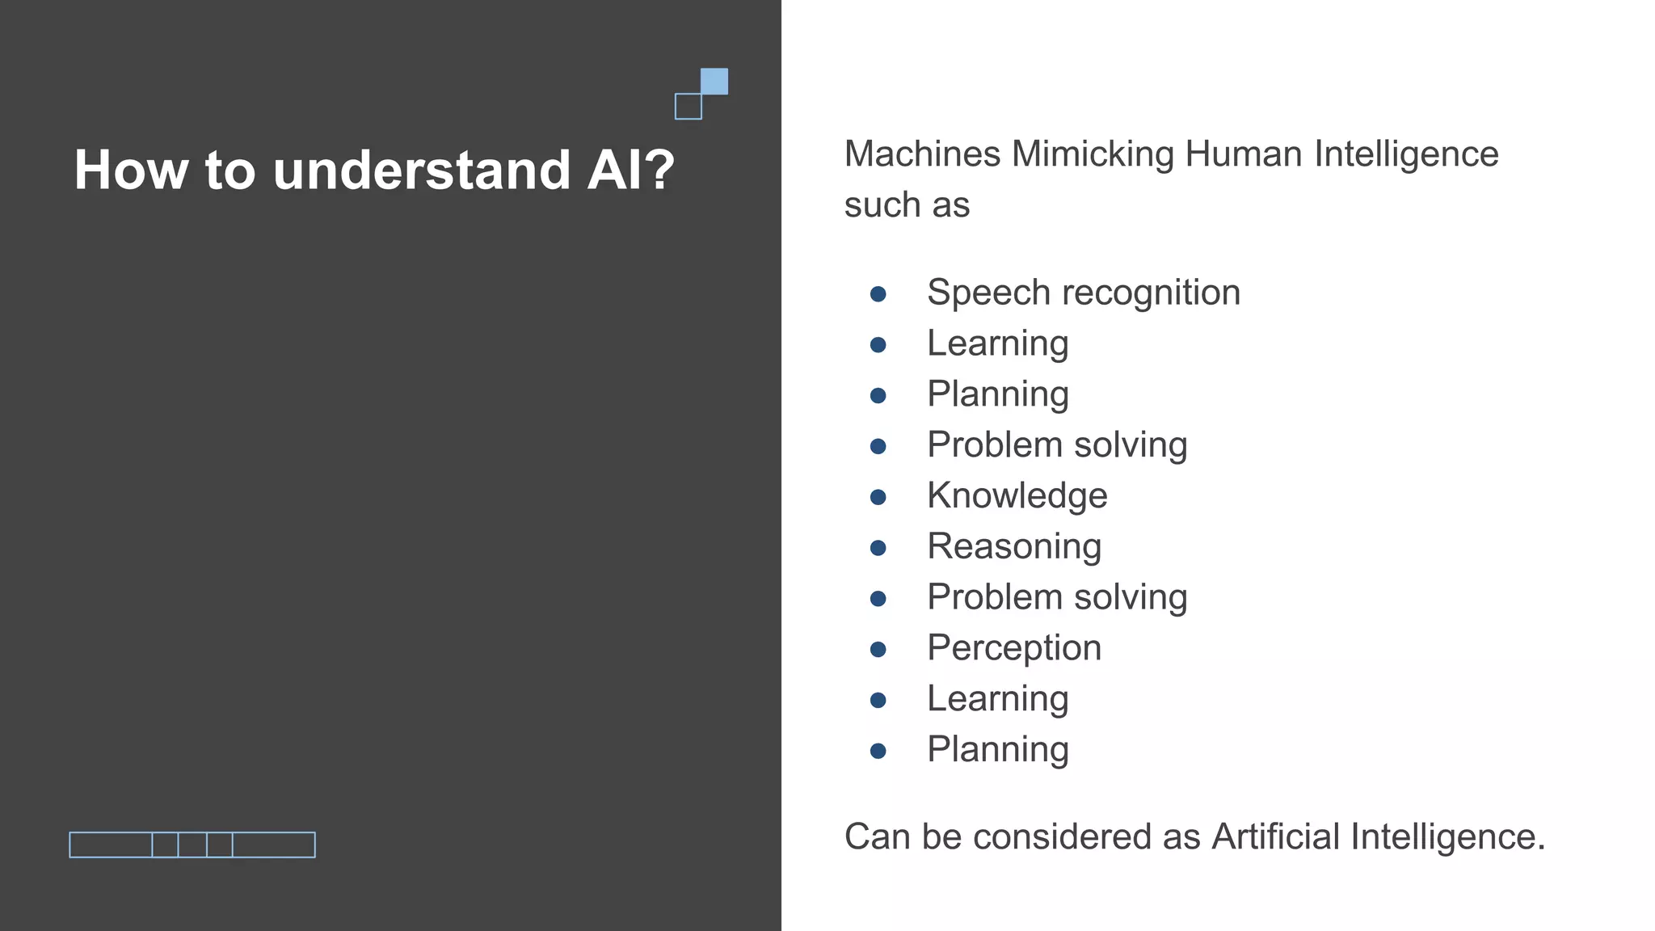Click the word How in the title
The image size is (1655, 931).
(x=130, y=171)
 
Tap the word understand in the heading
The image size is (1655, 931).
(x=422, y=171)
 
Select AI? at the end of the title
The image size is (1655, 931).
(x=630, y=171)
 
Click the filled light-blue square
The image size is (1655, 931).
(x=714, y=82)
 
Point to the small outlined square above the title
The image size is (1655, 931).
(x=689, y=107)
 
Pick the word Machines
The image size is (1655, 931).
(x=922, y=154)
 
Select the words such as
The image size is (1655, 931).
(x=907, y=205)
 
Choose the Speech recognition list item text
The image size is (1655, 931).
(x=1083, y=293)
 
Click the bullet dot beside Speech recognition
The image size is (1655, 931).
(x=878, y=294)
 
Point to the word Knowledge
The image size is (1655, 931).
(x=1017, y=495)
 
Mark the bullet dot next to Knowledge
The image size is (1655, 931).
(x=878, y=497)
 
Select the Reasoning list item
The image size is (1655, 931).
(x=1014, y=546)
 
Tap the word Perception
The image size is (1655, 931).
(x=1014, y=648)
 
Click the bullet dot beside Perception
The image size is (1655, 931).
(x=878, y=650)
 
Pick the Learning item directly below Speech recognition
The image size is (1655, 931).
(x=997, y=343)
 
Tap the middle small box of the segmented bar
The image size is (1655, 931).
(x=192, y=845)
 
